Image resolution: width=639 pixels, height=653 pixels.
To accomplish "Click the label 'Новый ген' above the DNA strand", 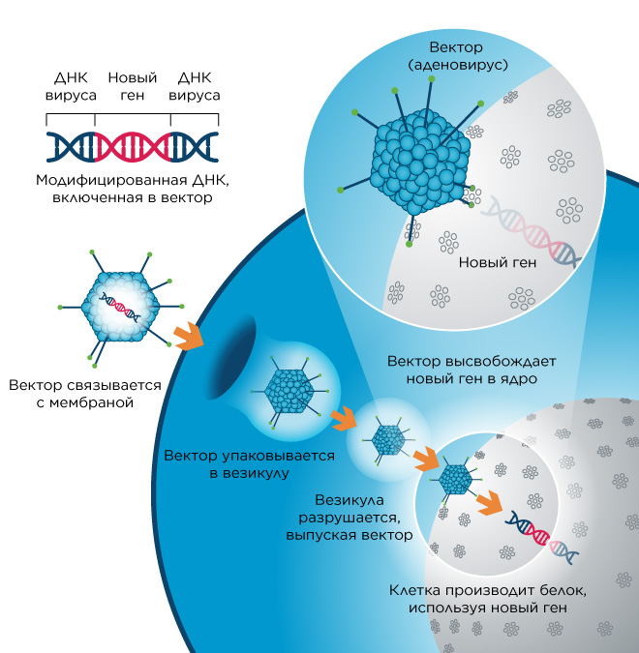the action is pyautogui.click(x=132, y=86).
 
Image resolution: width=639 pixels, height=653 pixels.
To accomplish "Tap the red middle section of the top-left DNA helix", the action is pyautogui.click(x=133, y=147).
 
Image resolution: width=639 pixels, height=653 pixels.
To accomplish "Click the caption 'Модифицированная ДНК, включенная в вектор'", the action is pyautogui.click(x=133, y=189).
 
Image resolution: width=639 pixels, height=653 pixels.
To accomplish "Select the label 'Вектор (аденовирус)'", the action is pyautogui.click(x=457, y=56).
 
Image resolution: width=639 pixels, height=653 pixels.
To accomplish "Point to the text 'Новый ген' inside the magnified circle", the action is pyautogui.click(x=498, y=262).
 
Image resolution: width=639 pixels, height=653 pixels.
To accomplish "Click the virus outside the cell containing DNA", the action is pyautogui.click(x=120, y=308).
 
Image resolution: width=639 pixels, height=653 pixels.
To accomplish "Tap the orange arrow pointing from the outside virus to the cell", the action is pyautogui.click(x=189, y=336).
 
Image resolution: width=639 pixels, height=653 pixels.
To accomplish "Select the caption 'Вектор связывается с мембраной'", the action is pyautogui.click(x=85, y=394).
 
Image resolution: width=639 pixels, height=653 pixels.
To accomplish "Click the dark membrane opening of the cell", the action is pyautogui.click(x=232, y=357).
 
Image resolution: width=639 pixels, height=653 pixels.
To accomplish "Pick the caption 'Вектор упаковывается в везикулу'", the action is pyautogui.click(x=249, y=464).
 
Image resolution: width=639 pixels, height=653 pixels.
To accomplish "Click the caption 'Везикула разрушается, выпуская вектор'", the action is pyautogui.click(x=350, y=518).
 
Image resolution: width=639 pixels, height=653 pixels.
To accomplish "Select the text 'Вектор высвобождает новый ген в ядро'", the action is pyautogui.click(x=472, y=370).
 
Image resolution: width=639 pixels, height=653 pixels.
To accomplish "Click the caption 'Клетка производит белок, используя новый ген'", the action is pyautogui.click(x=488, y=599).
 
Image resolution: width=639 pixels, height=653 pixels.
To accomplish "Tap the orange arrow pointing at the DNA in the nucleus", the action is pyautogui.click(x=490, y=503).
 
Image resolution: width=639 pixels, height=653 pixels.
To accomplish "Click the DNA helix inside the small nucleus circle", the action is pyautogui.click(x=541, y=536).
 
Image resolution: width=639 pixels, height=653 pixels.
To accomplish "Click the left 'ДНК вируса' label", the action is pyautogui.click(x=71, y=86).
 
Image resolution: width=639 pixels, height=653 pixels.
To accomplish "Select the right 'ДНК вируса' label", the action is pyautogui.click(x=195, y=86).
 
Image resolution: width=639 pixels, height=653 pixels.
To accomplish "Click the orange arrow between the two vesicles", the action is pyautogui.click(x=344, y=419).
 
